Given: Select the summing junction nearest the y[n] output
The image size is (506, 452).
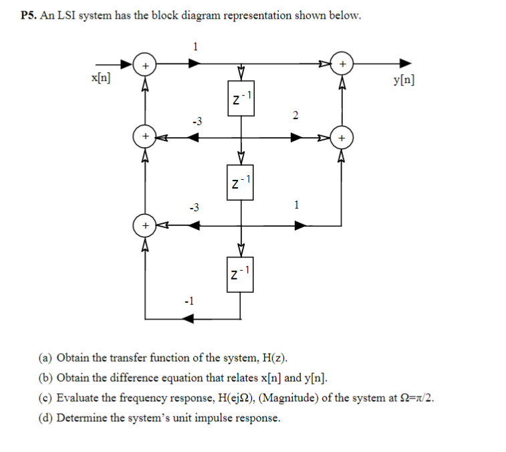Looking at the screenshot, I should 342,64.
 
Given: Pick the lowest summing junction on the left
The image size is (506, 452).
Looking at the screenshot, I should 145,225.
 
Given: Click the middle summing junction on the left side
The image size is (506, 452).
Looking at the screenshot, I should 145,137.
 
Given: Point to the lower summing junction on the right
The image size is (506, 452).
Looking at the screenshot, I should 342,137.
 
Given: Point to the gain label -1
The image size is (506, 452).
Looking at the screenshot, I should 189,301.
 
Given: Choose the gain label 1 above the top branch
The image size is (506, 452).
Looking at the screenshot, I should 195,46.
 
